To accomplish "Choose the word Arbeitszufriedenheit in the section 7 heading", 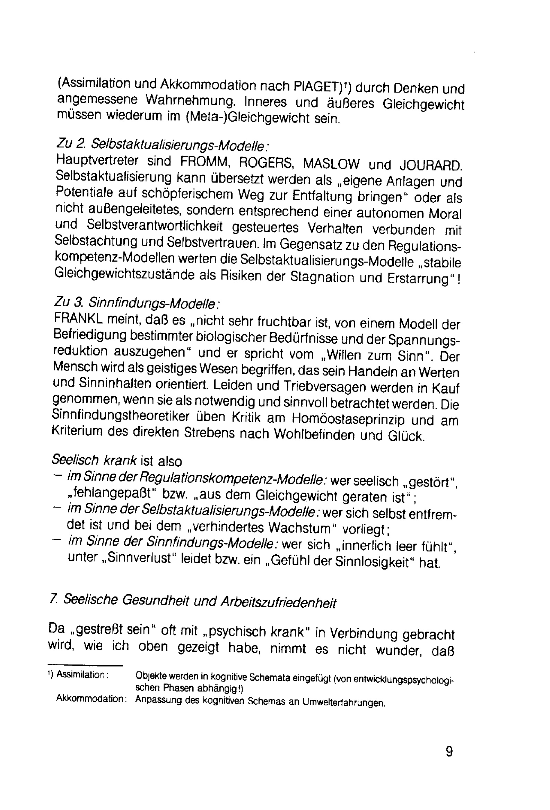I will click(x=278, y=602).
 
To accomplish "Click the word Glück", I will click(x=407, y=436).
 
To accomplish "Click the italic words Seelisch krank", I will click(x=94, y=460).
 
